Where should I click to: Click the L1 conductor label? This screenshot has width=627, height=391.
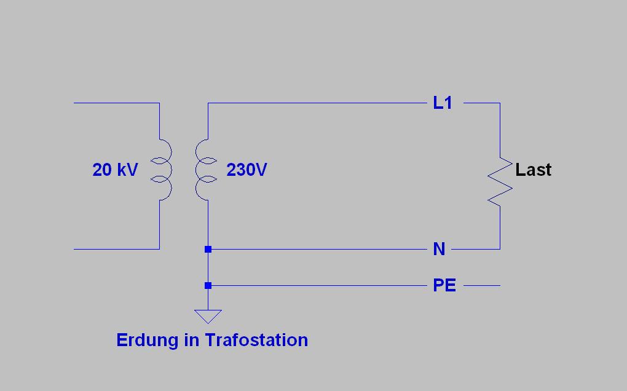coord(443,103)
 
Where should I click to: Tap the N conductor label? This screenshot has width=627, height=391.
coord(439,249)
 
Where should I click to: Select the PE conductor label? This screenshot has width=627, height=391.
coord(444,285)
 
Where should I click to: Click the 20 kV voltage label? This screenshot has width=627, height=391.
coord(115,170)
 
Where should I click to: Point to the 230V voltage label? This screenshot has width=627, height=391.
coord(246,170)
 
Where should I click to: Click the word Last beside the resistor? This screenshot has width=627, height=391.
coord(533,170)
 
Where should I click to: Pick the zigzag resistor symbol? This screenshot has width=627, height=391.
coord(500,182)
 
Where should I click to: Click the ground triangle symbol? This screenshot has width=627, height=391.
coord(208,317)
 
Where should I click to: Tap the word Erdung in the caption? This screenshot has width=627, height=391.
coord(148,341)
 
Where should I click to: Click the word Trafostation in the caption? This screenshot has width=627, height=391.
coord(256,340)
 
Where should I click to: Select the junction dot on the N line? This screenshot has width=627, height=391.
coord(208,249)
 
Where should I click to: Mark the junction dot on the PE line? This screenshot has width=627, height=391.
coord(208,285)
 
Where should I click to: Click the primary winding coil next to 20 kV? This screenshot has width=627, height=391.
coord(162,170)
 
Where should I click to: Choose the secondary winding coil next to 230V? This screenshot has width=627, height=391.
coord(205,170)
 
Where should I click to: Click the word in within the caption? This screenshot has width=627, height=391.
coord(192,340)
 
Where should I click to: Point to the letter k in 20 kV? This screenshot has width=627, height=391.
coord(120,170)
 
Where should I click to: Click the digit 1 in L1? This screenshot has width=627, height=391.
coord(448,103)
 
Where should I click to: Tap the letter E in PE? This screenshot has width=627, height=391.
coord(451,285)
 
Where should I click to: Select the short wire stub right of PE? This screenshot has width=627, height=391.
coord(482,285)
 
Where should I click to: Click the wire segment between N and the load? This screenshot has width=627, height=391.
coord(475,249)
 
